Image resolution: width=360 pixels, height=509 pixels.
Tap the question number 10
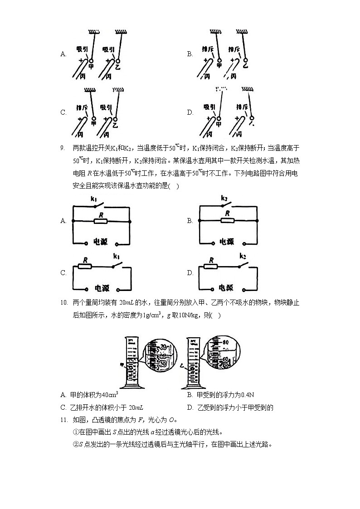click(63, 302)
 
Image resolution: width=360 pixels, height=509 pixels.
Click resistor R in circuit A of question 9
click(100, 221)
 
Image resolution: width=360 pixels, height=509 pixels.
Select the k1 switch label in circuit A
click(94, 199)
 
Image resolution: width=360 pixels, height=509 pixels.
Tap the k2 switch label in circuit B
click(224, 198)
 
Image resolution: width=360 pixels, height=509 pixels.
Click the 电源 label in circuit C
click(101, 287)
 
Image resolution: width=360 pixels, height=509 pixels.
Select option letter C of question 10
click(63, 407)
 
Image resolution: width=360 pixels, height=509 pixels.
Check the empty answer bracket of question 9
click(174, 186)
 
